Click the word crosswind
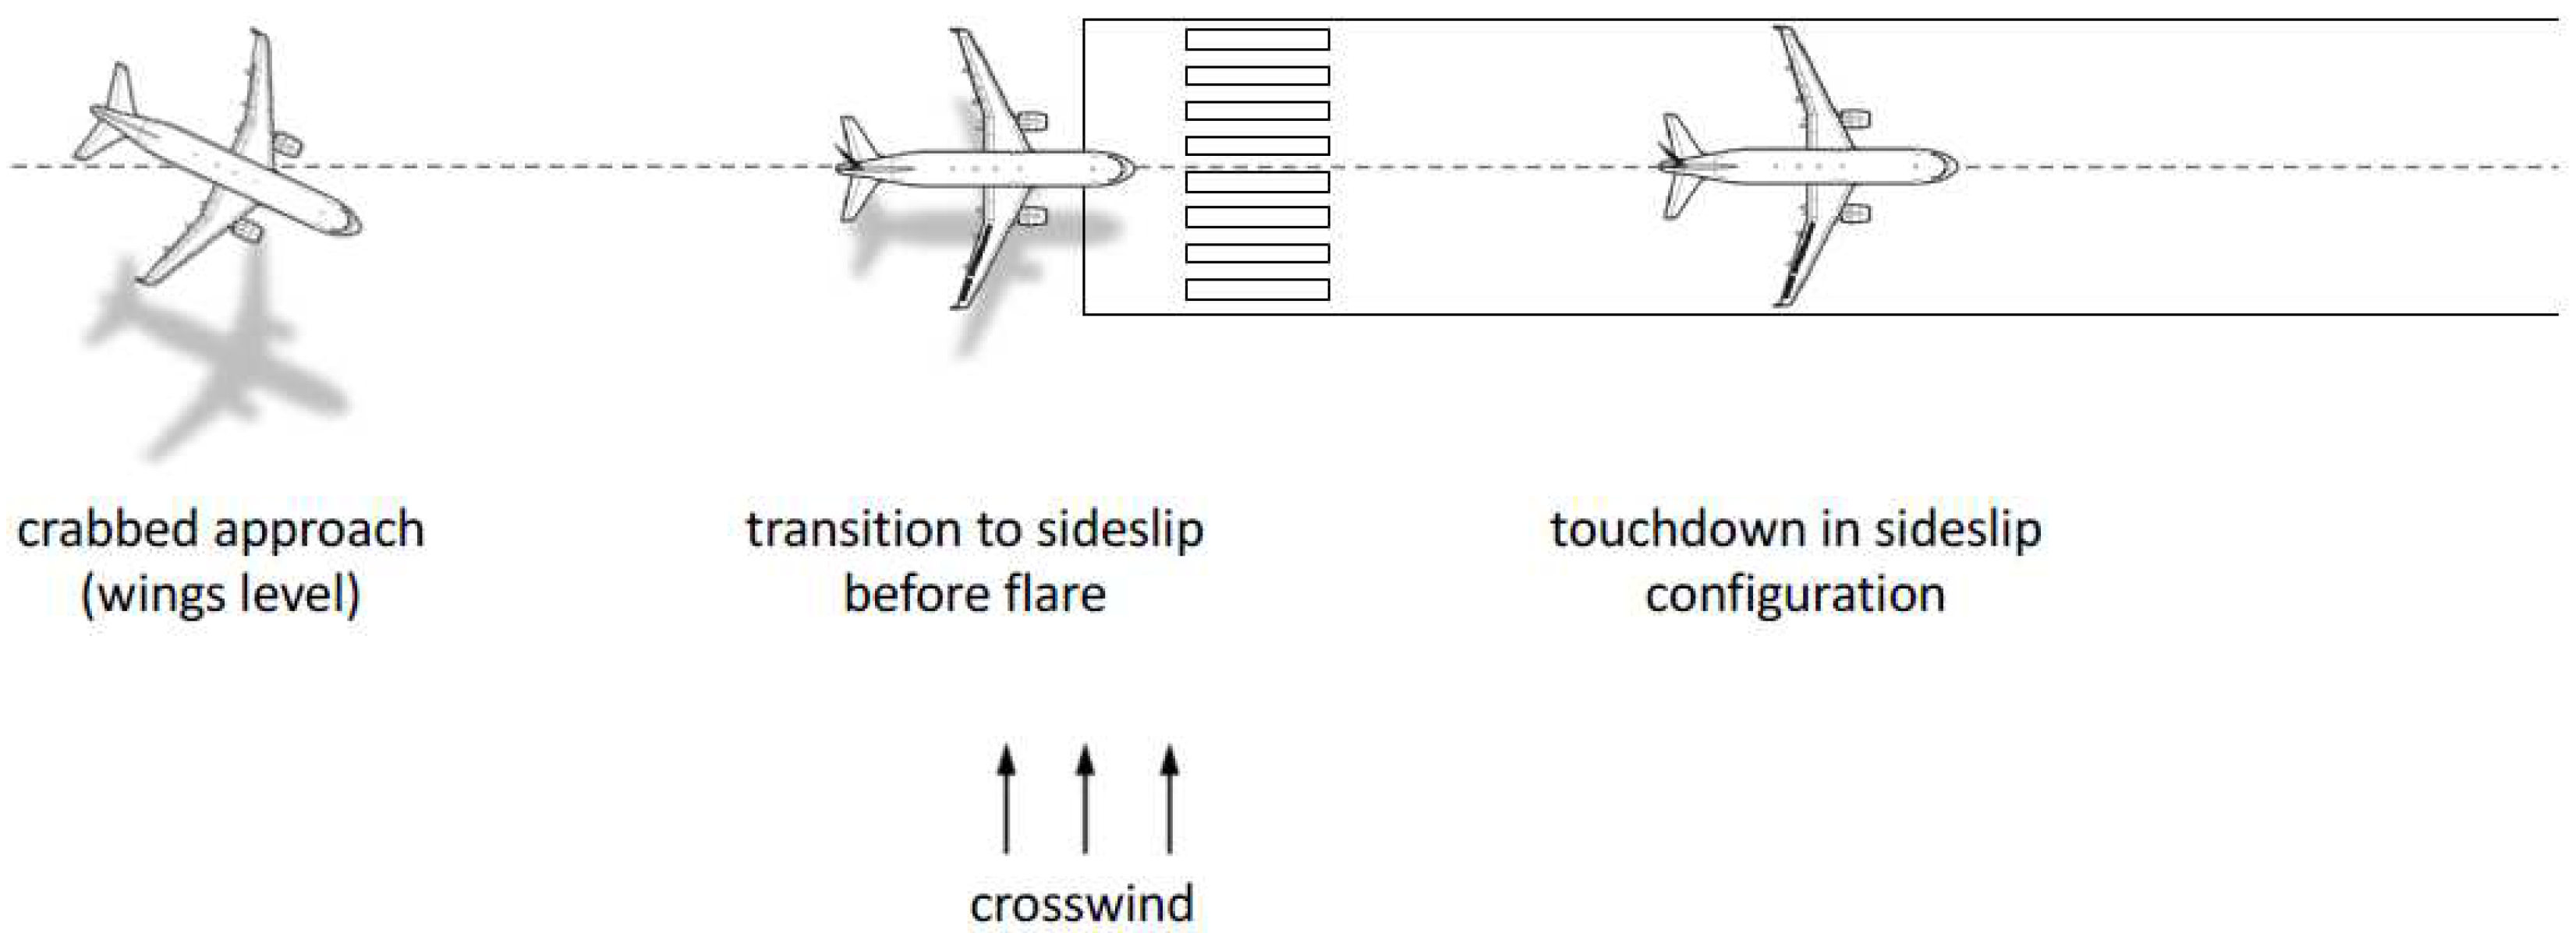point(1081,905)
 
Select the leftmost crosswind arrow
point(1007,798)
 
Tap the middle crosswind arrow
point(1086,798)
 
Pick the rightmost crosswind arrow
point(1170,798)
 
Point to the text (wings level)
point(220,595)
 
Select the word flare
point(1054,595)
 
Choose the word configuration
point(1795,595)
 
